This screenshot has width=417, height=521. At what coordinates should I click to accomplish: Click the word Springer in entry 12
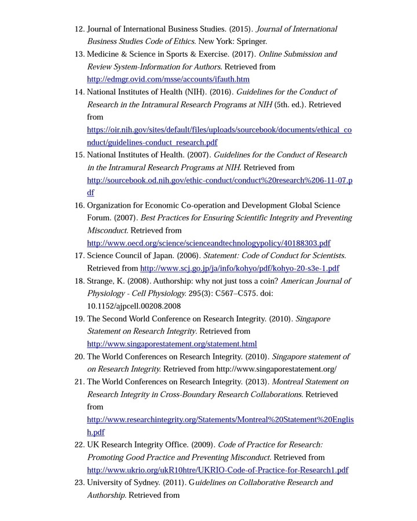pyautogui.click(x=251, y=41)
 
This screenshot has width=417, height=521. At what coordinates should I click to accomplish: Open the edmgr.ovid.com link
pyautogui.click(x=168, y=79)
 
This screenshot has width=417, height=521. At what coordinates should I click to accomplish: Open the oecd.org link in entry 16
pyautogui.click(x=209, y=243)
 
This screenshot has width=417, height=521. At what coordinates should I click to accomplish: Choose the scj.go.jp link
pyautogui.click(x=240, y=269)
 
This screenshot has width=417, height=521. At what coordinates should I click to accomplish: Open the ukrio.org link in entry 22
pyautogui.click(x=217, y=470)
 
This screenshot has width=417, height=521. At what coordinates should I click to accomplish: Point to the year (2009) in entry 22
pyautogui.click(x=203, y=445)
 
